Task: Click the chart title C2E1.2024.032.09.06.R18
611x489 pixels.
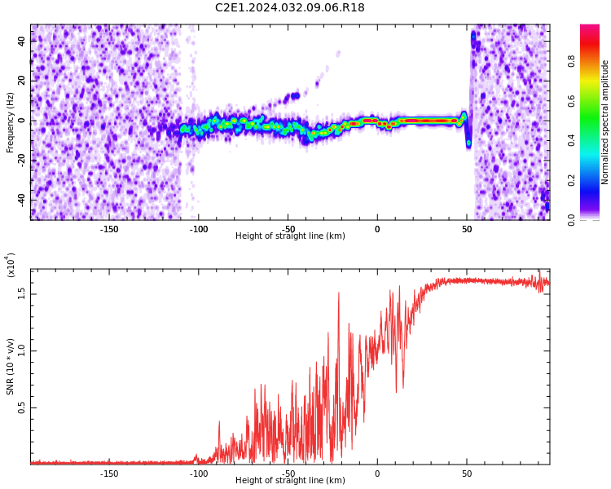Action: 290,7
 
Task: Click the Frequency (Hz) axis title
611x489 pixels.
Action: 10,122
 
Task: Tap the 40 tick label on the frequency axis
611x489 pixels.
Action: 22,41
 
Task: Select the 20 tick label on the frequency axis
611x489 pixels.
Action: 22,81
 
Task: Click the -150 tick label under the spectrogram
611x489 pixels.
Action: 109,229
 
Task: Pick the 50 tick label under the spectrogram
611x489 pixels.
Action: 467,229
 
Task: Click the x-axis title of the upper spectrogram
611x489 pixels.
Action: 290,236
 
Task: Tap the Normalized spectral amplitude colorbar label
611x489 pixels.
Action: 604,122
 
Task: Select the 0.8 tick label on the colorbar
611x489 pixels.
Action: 571,61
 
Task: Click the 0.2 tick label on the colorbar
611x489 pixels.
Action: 571,181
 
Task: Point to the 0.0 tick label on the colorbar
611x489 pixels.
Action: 571,220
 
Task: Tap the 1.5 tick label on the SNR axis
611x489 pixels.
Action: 22,294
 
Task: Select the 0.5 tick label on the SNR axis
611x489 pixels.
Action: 22,407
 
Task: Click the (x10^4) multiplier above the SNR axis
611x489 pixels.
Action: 11,265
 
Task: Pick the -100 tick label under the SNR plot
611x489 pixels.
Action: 199,474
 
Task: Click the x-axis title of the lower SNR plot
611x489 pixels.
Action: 290,480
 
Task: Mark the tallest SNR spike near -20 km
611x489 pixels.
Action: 339,293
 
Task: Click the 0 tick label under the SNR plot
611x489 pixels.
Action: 377,474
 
